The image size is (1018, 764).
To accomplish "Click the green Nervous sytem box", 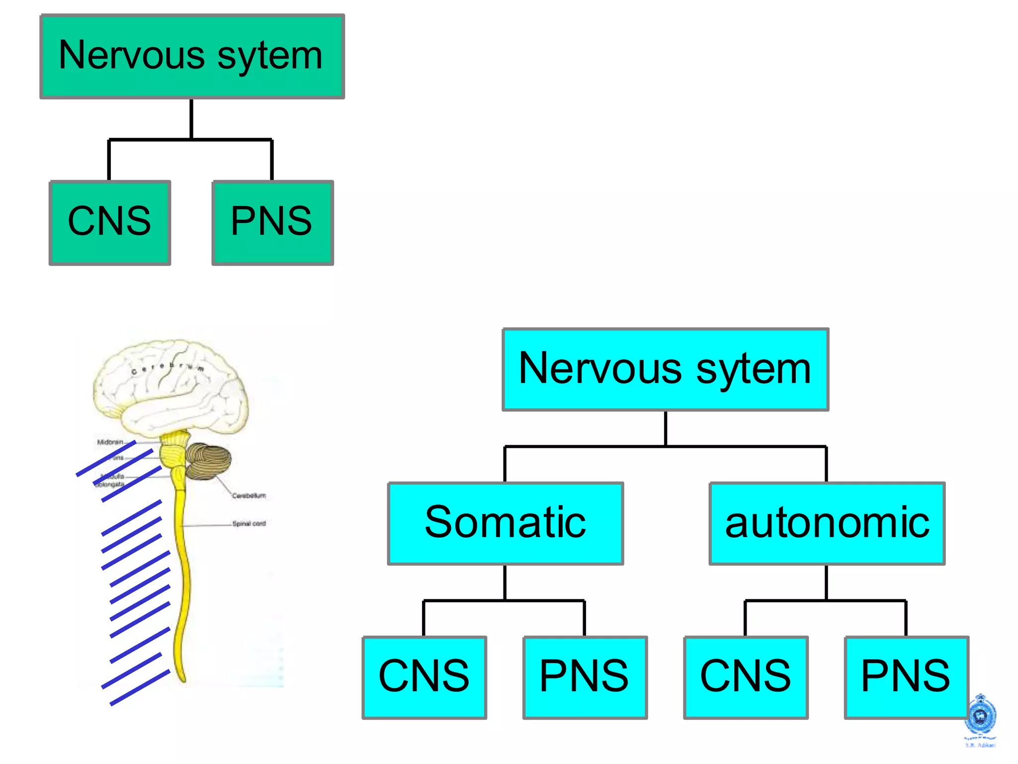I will pos(192,56).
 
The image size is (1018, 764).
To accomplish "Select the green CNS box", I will pos(110,222).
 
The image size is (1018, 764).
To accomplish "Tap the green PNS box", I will pos(272,222).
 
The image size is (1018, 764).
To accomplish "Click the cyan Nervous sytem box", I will pos(665,369).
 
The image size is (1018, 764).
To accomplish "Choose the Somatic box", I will pos(505,523).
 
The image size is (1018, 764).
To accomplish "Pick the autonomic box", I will pos(827,523).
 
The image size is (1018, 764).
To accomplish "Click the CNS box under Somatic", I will pos(424,677).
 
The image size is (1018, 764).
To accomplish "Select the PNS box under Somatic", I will pos(585,677).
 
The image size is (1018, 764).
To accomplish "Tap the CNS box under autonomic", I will pos(746,677).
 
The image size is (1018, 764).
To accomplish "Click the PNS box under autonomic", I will pos(906,677).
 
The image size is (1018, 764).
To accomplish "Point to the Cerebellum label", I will pos(249,495).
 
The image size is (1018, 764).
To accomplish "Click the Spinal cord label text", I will pos(249,523).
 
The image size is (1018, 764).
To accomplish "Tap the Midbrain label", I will pos(110,442).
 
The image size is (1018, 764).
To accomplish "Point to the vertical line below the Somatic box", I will pos(505,582).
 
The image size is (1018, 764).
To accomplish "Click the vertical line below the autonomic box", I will pos(826,582).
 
